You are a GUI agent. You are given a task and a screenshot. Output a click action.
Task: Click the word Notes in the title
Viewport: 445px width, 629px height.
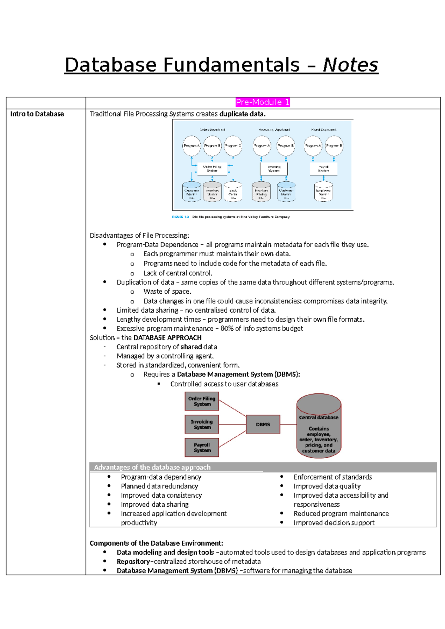point(350,65)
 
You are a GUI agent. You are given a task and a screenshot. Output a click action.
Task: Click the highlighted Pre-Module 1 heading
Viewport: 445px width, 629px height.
point(263,102)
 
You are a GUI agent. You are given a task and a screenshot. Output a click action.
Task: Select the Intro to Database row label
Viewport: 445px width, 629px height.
point(37,114)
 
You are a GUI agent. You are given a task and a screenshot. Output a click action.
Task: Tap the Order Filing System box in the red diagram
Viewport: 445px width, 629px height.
point(202,401)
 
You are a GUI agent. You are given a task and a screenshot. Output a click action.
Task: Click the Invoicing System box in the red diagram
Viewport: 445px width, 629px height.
point(202,424)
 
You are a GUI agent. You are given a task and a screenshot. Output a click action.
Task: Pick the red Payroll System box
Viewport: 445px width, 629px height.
point(202,447)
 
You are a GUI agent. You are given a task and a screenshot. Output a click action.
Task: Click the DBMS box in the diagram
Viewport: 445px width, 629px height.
point(263,424)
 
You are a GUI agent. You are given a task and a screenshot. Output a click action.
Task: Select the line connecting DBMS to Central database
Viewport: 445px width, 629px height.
point(288,424)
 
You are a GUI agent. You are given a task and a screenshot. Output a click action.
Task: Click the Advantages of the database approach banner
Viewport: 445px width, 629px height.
point(152,467)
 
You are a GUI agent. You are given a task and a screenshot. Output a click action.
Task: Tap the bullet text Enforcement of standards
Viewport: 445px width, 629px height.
point(333,477)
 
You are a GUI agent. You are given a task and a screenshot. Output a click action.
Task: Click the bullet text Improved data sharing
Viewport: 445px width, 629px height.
point(155,504)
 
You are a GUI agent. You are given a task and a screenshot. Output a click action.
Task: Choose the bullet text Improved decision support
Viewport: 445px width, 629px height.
point(334,523)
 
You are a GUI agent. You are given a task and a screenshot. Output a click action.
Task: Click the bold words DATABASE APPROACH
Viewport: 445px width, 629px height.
point(167,337)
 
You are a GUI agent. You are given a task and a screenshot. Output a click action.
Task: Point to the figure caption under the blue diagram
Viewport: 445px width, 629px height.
point(231,217)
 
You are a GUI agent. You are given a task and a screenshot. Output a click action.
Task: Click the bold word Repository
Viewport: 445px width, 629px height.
point(133,562)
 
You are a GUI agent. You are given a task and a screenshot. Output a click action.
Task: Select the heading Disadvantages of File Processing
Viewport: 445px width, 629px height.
point(139,236)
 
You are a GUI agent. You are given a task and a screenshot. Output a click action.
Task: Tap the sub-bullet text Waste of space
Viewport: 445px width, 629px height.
point(167,292)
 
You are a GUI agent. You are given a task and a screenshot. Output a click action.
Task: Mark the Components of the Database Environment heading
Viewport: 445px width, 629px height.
point(156,543)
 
